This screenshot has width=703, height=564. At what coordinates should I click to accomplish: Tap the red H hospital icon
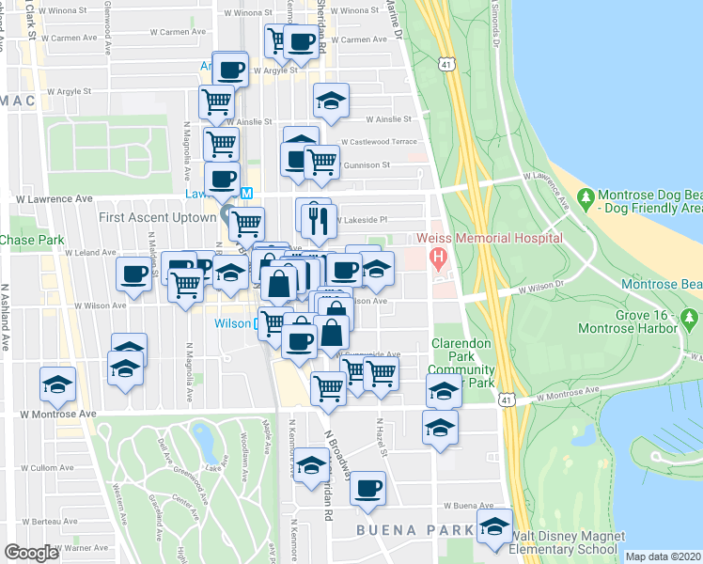[435, 256]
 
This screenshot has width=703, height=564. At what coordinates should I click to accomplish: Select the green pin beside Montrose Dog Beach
[586, 199]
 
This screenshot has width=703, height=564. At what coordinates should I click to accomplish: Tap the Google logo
[31, 553]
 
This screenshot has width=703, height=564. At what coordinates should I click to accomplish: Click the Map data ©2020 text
[663, 556]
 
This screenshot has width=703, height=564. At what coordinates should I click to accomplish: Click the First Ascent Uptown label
[156, 217]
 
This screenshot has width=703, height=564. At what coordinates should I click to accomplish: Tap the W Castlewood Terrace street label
[379, 141]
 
